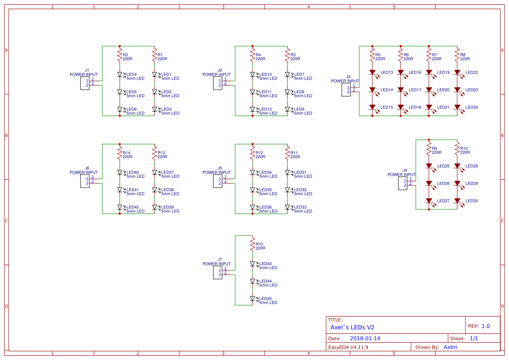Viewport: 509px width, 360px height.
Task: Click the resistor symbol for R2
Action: (x=120, y=55)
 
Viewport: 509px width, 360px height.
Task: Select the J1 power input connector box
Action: (x=85, y=83)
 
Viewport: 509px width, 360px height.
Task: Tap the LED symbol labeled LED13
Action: (x=372, y=72)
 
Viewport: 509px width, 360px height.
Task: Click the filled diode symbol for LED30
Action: (x=457, y=201)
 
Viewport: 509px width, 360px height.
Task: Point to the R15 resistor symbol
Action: (x=253, y=245)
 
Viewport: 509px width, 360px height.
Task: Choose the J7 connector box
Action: (x=218, y=273)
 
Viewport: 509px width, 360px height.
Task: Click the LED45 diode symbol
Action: (x=253, y=299)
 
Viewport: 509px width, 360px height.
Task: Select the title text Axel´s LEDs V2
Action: (x=352, y=327)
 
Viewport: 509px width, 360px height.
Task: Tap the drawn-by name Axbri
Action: (x=450, y=347)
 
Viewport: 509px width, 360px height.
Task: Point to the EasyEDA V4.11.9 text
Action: (x=348, y=347)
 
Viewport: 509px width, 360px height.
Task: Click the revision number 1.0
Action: (x=485, y=326)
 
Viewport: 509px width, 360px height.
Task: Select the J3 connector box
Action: (x=346, y=90)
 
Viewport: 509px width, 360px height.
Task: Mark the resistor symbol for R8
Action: (x=457, y=55)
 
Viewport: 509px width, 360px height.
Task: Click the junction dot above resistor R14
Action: (x=120, y=144)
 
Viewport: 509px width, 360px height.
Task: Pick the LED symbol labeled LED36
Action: (x=253, y=207)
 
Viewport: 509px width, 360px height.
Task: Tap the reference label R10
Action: (x=464, y=148)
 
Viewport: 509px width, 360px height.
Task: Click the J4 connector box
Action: (x=403, y=183)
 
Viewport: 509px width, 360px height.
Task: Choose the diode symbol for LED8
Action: (x=287, y=92)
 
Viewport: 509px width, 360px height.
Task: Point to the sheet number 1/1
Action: (x=474, y=338)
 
